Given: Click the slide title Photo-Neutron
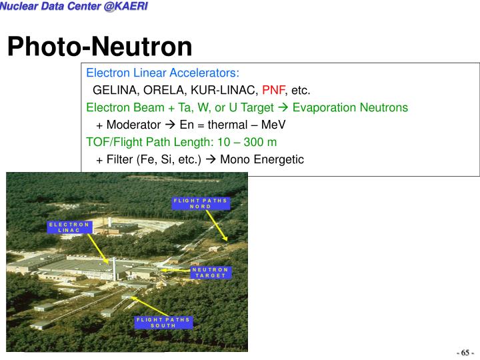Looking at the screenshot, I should point(99,47).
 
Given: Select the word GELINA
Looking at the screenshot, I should point(113,90).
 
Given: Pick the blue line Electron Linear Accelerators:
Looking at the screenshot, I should point(163,73).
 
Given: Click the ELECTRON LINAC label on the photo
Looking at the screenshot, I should point(69,227).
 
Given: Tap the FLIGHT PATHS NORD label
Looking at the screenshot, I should point(200,203).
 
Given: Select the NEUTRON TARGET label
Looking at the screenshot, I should point(209,272).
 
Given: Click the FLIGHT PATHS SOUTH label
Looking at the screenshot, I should point(163,322).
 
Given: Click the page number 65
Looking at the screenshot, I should point(464,352).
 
